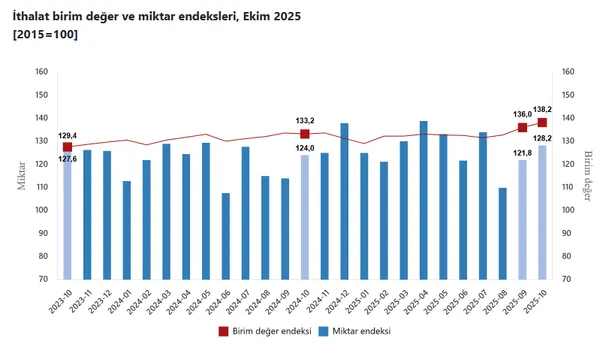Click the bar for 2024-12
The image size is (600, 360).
click(x=344, y=200)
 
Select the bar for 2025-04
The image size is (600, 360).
click(x=423, y=200)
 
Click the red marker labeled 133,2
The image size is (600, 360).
click(x=305, y=134)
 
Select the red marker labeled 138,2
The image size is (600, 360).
click(x=542, y=122)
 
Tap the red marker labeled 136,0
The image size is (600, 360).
click(x=522, y=127)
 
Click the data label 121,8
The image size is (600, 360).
click(x=505, y=152)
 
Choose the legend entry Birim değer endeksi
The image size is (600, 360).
click(x=265, y=331)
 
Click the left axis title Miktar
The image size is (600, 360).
click(x=19, y=174)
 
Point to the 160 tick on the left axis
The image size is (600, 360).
click(x=41, y=71)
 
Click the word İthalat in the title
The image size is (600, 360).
click(x=31, y=17)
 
